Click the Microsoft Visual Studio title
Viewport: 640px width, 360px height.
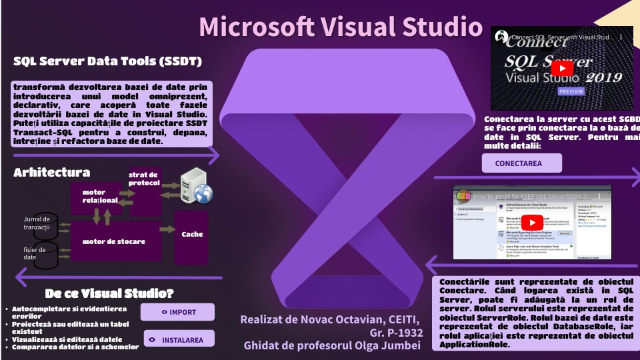[341, 27]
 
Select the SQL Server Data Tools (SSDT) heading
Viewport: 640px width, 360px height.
[108, 62]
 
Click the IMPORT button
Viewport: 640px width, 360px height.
[177, 312]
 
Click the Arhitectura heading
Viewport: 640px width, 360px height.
[51, 173]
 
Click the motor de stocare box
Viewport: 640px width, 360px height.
[113, 241]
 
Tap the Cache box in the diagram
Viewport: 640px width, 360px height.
[192, 235]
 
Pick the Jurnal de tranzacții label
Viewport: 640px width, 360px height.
[37, 223]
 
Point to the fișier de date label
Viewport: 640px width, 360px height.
[34, 253]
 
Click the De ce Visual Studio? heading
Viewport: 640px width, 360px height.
[109, 293]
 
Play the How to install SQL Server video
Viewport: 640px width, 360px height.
[531, 222]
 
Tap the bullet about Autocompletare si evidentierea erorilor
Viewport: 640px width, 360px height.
[69, 313]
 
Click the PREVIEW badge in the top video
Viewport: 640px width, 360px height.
[571, 91]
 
